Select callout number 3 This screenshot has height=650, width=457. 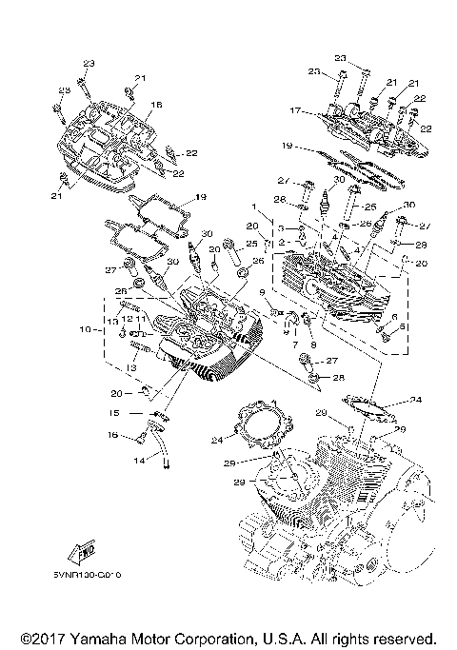(x=282, y=227)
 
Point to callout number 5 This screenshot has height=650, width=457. (x=402, y=326)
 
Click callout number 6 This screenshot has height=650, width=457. (x=393, y=315)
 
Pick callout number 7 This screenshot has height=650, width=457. (x=295, y=344)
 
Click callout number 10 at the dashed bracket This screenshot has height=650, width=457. (x=86, y=330)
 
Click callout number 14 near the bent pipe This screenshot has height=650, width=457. (x=140, y=461)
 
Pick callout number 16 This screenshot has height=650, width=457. (x=112, y=435)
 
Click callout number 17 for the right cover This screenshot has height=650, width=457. (x=293, y=111)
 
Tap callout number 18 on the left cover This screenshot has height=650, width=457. (x=156, y=105)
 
